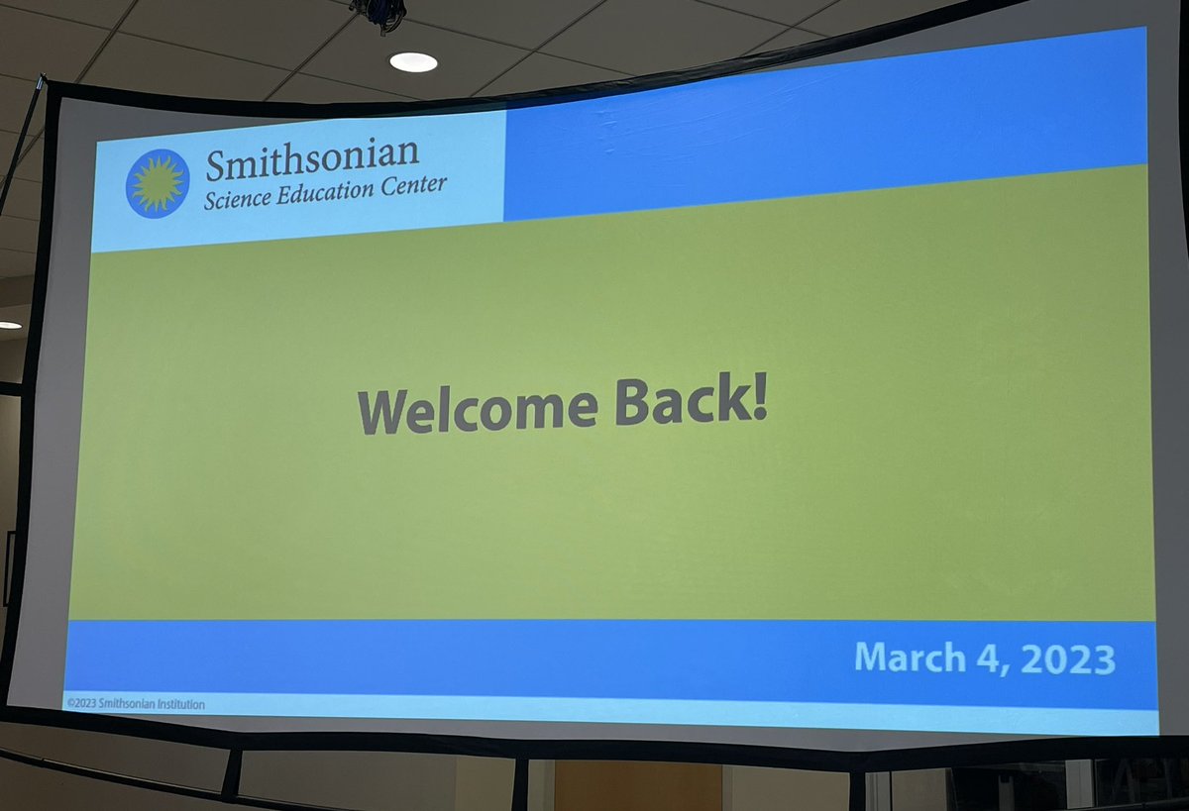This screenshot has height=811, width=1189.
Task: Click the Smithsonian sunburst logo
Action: (158, 183)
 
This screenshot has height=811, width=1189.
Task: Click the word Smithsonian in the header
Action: (312, 159)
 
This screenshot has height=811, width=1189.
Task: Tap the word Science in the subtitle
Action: (237, 197)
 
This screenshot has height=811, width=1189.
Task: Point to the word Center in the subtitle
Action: (417, 185)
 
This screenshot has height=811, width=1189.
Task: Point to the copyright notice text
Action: (135, 704)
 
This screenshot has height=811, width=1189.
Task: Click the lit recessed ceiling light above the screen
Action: (413, 61)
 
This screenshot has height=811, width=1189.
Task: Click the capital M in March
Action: (872, 658)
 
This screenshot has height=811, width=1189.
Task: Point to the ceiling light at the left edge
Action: (8, 325)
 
